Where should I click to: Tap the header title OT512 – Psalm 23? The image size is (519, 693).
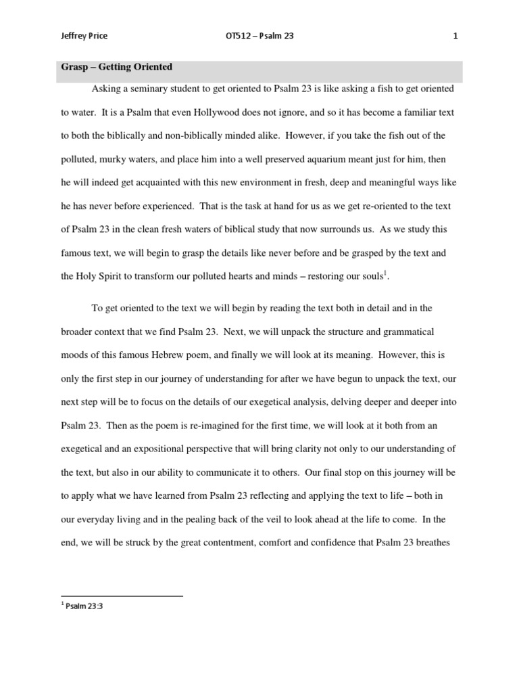pyautogui.click(x=259, y=37)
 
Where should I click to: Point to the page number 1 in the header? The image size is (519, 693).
pyautogui.click(x=455, y=37)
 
